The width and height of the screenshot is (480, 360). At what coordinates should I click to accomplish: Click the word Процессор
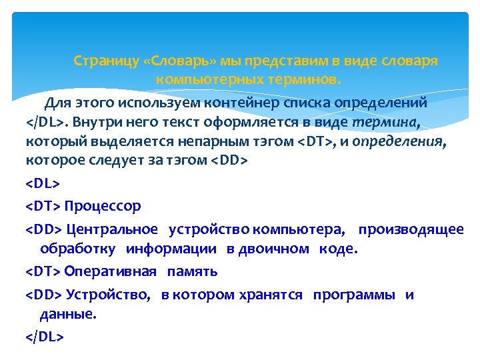coord(103,206)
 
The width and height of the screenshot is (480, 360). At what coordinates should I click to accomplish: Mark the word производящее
coord(411,229)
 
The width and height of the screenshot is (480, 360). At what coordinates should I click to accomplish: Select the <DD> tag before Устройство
coord(43,295)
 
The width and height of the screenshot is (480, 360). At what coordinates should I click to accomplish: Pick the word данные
coord(68,314)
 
